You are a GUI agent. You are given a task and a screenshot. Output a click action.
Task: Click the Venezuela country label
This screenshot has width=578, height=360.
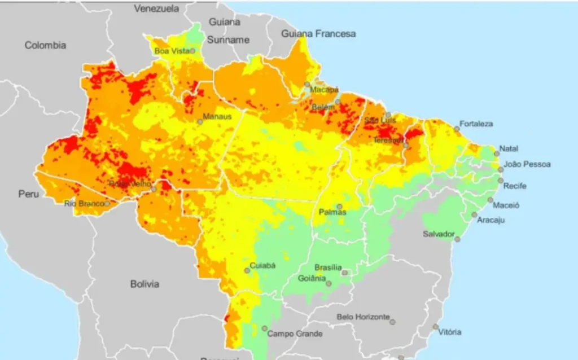pos(156,8)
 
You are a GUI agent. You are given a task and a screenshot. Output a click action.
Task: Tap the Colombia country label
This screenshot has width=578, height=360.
pos(45,45)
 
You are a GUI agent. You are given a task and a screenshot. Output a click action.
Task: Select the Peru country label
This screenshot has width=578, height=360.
pos(29,194)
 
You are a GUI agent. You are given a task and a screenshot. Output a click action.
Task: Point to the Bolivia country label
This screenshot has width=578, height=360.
pos(144,284)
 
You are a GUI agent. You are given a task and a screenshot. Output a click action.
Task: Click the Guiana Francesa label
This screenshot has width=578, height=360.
pos(319,34)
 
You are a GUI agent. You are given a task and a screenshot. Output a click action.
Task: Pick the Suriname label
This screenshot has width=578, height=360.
pos(228,40)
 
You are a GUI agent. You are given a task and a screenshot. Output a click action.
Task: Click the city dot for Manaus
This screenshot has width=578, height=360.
pos(200,121)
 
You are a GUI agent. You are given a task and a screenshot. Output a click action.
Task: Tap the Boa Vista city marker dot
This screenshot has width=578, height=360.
pos(192,51)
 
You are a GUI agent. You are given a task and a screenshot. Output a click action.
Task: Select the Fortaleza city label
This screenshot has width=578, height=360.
pos(476,124)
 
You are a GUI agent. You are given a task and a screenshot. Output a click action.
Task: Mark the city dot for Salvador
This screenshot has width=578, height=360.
pos(457,239)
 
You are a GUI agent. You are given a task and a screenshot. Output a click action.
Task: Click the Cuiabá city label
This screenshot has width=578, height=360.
pos(263,265)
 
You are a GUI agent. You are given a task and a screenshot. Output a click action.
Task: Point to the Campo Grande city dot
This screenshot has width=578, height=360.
pos(264,328)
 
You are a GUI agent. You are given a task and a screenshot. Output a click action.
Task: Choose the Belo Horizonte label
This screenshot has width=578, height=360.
pos(363,317)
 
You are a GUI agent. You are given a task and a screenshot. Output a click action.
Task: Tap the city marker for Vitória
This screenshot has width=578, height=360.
pos(436,327)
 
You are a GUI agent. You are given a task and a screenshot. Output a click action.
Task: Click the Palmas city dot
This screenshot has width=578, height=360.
pos(339,207)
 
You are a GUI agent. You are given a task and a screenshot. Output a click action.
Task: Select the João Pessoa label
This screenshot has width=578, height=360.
pos(527,165)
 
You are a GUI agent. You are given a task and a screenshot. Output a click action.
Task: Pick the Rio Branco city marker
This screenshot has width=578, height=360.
pos(107,203)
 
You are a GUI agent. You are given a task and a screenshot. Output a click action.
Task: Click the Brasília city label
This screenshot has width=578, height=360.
pos(328,267)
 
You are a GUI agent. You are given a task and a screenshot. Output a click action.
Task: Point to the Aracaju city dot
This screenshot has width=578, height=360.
pos(474,214)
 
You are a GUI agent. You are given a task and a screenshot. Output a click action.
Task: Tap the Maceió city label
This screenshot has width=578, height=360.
pos(506,205)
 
